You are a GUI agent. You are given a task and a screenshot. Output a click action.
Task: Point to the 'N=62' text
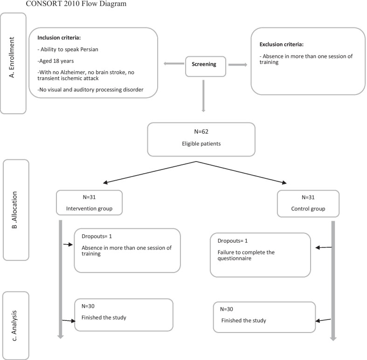coord(201,132)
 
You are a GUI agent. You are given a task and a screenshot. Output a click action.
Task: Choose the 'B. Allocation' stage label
coord(15,210)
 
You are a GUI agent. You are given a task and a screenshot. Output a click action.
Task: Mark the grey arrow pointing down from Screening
coord(203,95)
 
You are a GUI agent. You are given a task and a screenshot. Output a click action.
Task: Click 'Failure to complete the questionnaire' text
coord(246,255)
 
